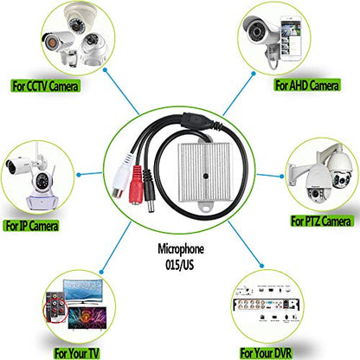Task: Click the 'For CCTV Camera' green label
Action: (45, 86)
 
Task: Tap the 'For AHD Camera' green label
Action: (307, 85)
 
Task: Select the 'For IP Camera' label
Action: (31, 225)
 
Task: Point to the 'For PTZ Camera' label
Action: (321, 221)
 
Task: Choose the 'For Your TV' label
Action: (76, 353)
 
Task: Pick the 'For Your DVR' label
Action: (266, 352)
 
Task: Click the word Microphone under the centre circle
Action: (181, 249)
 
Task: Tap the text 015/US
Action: (179, 265)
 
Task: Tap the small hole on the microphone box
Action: (205, 176)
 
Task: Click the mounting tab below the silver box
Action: (205, 206)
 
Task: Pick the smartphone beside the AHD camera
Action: (291, 38)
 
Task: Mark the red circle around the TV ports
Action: (55, 311)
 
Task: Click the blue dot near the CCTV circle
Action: (106, 70)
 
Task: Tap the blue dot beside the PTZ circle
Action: (282, 176)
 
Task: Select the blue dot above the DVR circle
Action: (261, 266)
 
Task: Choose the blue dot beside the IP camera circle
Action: (79, 175)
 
